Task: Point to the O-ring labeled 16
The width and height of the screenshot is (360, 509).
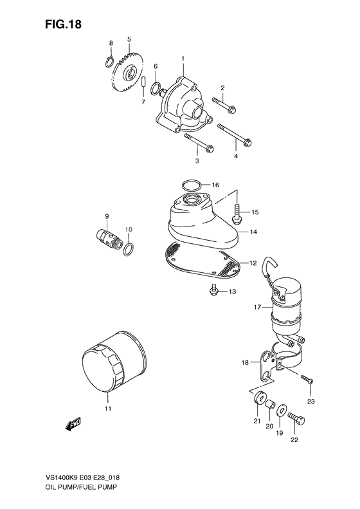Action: tap(190, 185)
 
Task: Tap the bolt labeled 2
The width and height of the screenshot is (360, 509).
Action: tap(223, 103)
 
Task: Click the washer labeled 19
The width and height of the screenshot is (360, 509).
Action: tap(282, 410)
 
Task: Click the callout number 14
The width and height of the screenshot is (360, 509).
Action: tap(253, 231)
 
